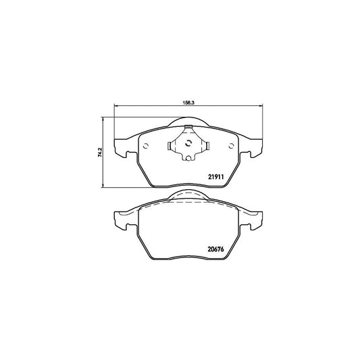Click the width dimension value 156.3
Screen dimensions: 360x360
(188, 103)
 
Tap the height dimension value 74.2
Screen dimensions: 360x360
(100, 152)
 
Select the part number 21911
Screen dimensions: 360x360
(216, 177)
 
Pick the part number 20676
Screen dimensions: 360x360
(215, 249)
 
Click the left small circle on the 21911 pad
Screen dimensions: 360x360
(146, 146)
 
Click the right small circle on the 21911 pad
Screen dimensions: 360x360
(232, 146)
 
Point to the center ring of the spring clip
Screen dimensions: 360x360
(188, 143)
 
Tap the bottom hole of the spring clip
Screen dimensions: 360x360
(188, 158)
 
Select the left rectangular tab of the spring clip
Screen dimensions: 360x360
(169, 146)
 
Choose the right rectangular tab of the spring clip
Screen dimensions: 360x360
(207, 146)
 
